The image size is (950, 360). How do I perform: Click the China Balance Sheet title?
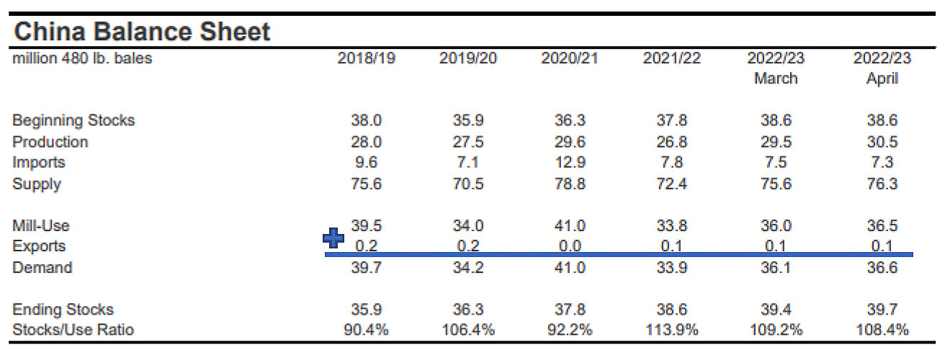142,32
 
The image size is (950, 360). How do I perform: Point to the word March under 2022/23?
776,78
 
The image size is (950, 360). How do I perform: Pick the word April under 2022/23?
882,78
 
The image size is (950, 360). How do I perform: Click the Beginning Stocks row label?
73,120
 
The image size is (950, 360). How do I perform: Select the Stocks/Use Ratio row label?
73,330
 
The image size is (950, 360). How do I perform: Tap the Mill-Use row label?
40,226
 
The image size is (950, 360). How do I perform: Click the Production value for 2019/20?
467,142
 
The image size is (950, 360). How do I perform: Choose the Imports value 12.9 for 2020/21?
570,163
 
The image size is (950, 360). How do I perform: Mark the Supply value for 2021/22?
671,184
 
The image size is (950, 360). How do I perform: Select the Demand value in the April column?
882,268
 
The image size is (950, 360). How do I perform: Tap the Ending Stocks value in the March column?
776,310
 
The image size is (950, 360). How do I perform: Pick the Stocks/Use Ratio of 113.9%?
671,330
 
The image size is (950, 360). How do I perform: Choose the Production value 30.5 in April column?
882,142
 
